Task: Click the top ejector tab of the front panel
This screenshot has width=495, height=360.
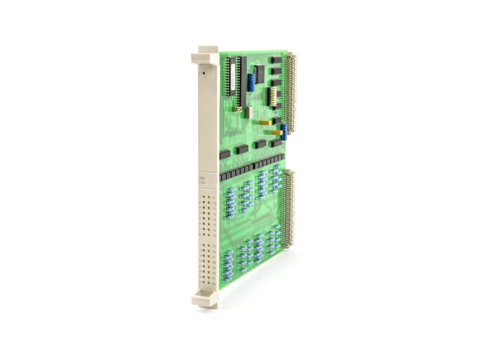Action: [x=208, y=54]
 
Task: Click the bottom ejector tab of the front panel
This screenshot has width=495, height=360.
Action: [x=206, y=299]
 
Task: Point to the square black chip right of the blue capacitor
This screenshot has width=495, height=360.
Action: [x=259, y=74]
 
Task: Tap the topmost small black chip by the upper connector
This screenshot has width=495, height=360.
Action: [x=275, y=60]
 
